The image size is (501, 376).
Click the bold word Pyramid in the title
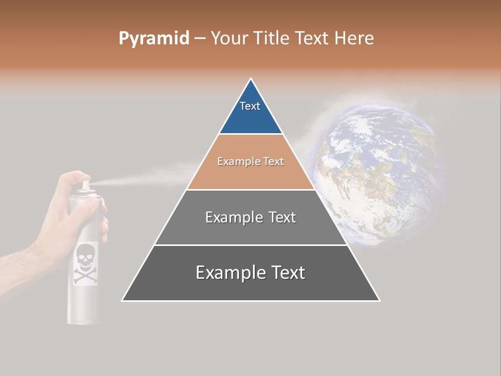tap(153, 39)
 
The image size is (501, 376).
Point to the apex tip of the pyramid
tap(251, 79)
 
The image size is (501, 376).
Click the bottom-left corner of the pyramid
tap(123, 300)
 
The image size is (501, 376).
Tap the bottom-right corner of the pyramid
tap(379, 300)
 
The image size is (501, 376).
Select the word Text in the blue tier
tap(250, 106)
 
